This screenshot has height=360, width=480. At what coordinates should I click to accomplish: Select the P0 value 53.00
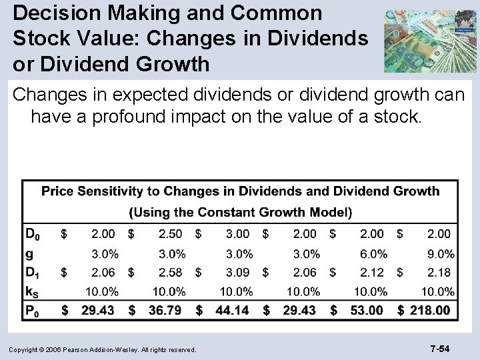[x=366, y=310]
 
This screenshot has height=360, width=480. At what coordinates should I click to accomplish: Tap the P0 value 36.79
[x=163, y=310]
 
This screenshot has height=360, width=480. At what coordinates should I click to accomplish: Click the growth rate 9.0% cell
[x=439, y=253]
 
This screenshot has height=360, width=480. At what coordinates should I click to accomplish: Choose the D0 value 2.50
[x=170, y=234]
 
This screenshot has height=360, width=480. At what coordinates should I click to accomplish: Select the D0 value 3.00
[x=237, y=234]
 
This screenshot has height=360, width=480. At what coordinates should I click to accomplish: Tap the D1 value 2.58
[x=170, y=272]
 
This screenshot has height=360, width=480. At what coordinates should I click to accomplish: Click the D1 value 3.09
[x=237, y=272]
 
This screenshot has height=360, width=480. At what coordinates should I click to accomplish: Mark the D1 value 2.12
[x=372, y=272]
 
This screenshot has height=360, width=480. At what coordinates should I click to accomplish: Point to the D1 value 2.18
[x=439, y=272]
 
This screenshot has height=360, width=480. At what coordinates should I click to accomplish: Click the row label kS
[x=32, y=291]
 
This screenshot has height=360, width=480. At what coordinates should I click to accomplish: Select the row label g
[x=29, y=253]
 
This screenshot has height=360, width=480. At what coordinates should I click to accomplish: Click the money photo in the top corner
[x=430, y=40]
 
